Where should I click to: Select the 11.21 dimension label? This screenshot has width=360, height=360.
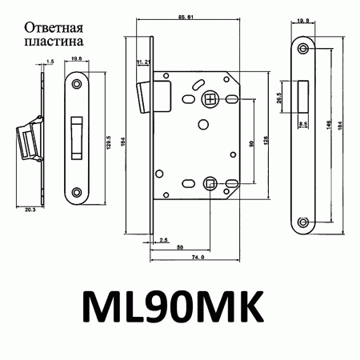tap(144, 62)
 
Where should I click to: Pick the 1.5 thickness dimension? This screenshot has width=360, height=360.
tap(50, 61)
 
